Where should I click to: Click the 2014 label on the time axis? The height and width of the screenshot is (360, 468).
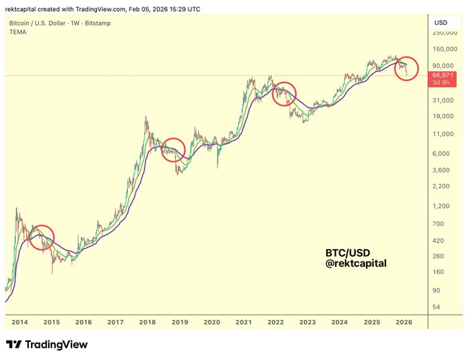click(20, 321)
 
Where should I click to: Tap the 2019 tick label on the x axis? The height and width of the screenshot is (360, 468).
click(180, 321)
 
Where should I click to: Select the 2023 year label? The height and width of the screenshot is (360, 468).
click(307, 321)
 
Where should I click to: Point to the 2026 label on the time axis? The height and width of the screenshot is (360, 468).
click(403, 321)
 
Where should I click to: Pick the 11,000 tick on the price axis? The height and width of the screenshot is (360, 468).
click(443, 134)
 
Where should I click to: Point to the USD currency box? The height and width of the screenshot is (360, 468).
click(441, 23)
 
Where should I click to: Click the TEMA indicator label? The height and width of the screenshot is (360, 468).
click(17, 32)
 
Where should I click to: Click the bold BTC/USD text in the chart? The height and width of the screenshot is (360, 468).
click(345, 252)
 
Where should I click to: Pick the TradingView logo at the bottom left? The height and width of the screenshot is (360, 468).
click(47, 344)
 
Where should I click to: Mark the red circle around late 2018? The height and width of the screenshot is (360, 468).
click(173, 150)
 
